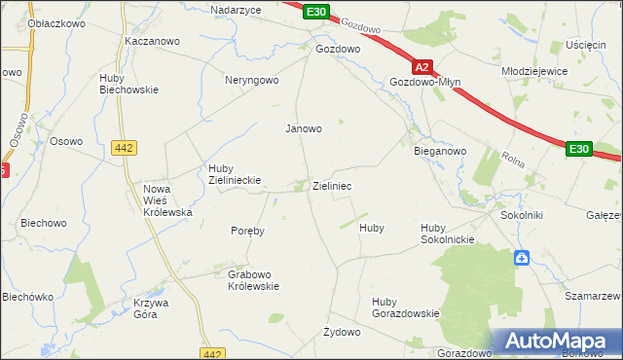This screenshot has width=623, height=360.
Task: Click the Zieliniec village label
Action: click(x=332, y=185)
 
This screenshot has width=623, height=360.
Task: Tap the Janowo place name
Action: click(x=303, y=127)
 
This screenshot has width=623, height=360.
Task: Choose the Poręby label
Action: click(x=247, y=232)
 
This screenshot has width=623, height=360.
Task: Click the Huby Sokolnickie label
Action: click(x=447, y=234)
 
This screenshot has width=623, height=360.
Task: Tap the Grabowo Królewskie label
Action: click(x=254, y=280)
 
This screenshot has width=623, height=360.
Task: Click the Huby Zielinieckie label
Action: click(x=231, y=174)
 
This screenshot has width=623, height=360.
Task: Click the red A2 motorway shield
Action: click(x=421, y=68)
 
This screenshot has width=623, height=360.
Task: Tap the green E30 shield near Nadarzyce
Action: click(x=314, y=12)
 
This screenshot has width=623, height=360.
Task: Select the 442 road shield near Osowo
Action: click(x=124, y=147)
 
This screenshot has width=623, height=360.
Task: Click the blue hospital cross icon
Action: click(x=522, y=258)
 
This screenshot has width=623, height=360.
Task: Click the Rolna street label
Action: click(x=512, y=157)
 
